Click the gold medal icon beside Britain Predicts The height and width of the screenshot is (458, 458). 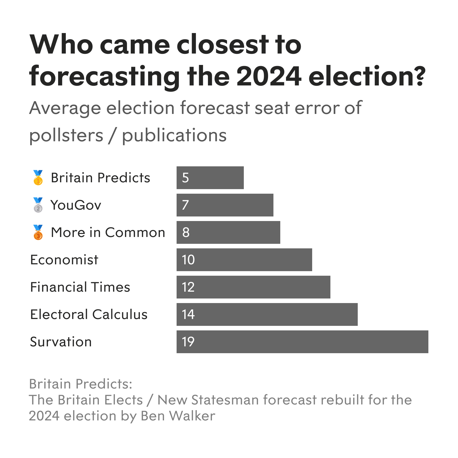coord(38,178)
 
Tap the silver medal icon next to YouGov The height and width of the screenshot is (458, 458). coord(38,205)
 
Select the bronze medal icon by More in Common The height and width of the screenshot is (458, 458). coord(38,232)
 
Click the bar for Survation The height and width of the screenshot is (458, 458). coord(302,342)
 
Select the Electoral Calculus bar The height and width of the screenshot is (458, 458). coord(267,314)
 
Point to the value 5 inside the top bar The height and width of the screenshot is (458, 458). coord(185,178)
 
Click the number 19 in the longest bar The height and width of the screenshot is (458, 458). coord(188,342)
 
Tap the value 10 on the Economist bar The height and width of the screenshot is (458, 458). coord(188,260)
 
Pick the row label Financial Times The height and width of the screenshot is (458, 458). coord(80,287)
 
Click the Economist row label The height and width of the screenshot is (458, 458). coord(64,260)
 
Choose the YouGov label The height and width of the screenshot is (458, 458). coord(76,205)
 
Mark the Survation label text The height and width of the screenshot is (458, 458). coord(61,342)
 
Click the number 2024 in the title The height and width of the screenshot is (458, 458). coord(269,76)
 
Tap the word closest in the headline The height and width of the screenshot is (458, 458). coord(222,45)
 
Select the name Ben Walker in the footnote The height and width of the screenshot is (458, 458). coord(178,416)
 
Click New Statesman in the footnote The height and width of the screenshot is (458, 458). coord(208,400)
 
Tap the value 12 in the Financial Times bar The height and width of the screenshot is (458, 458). coord(188,287)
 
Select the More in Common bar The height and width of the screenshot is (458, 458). coord(228,232)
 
